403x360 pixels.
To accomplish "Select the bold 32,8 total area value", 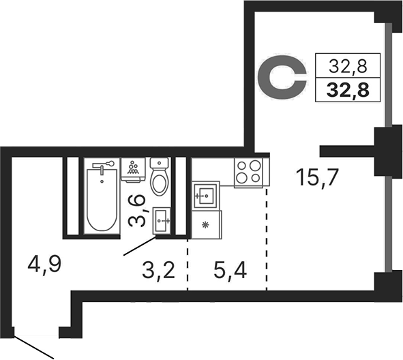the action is pos(348,90).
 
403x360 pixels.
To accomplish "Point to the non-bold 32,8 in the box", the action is pos(348,66).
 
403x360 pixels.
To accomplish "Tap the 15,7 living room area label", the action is pos(316,177).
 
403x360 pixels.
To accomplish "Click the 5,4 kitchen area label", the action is pos(230,271).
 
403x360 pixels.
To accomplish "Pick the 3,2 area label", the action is pos(158,271).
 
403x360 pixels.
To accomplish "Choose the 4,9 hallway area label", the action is pos(44,265).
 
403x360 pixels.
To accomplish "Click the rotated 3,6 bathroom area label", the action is pos(138,211).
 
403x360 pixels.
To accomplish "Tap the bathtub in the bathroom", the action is pos(102,198).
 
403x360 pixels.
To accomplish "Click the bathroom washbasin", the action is pos(162,221).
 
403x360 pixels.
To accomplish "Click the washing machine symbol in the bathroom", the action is pos(133,170).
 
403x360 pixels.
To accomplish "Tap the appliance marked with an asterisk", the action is pos(207,225).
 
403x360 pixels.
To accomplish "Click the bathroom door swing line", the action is pos(140,246).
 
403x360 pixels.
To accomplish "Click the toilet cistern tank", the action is pos(159,163).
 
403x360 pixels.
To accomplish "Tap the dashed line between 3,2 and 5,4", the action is pos(188,265).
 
